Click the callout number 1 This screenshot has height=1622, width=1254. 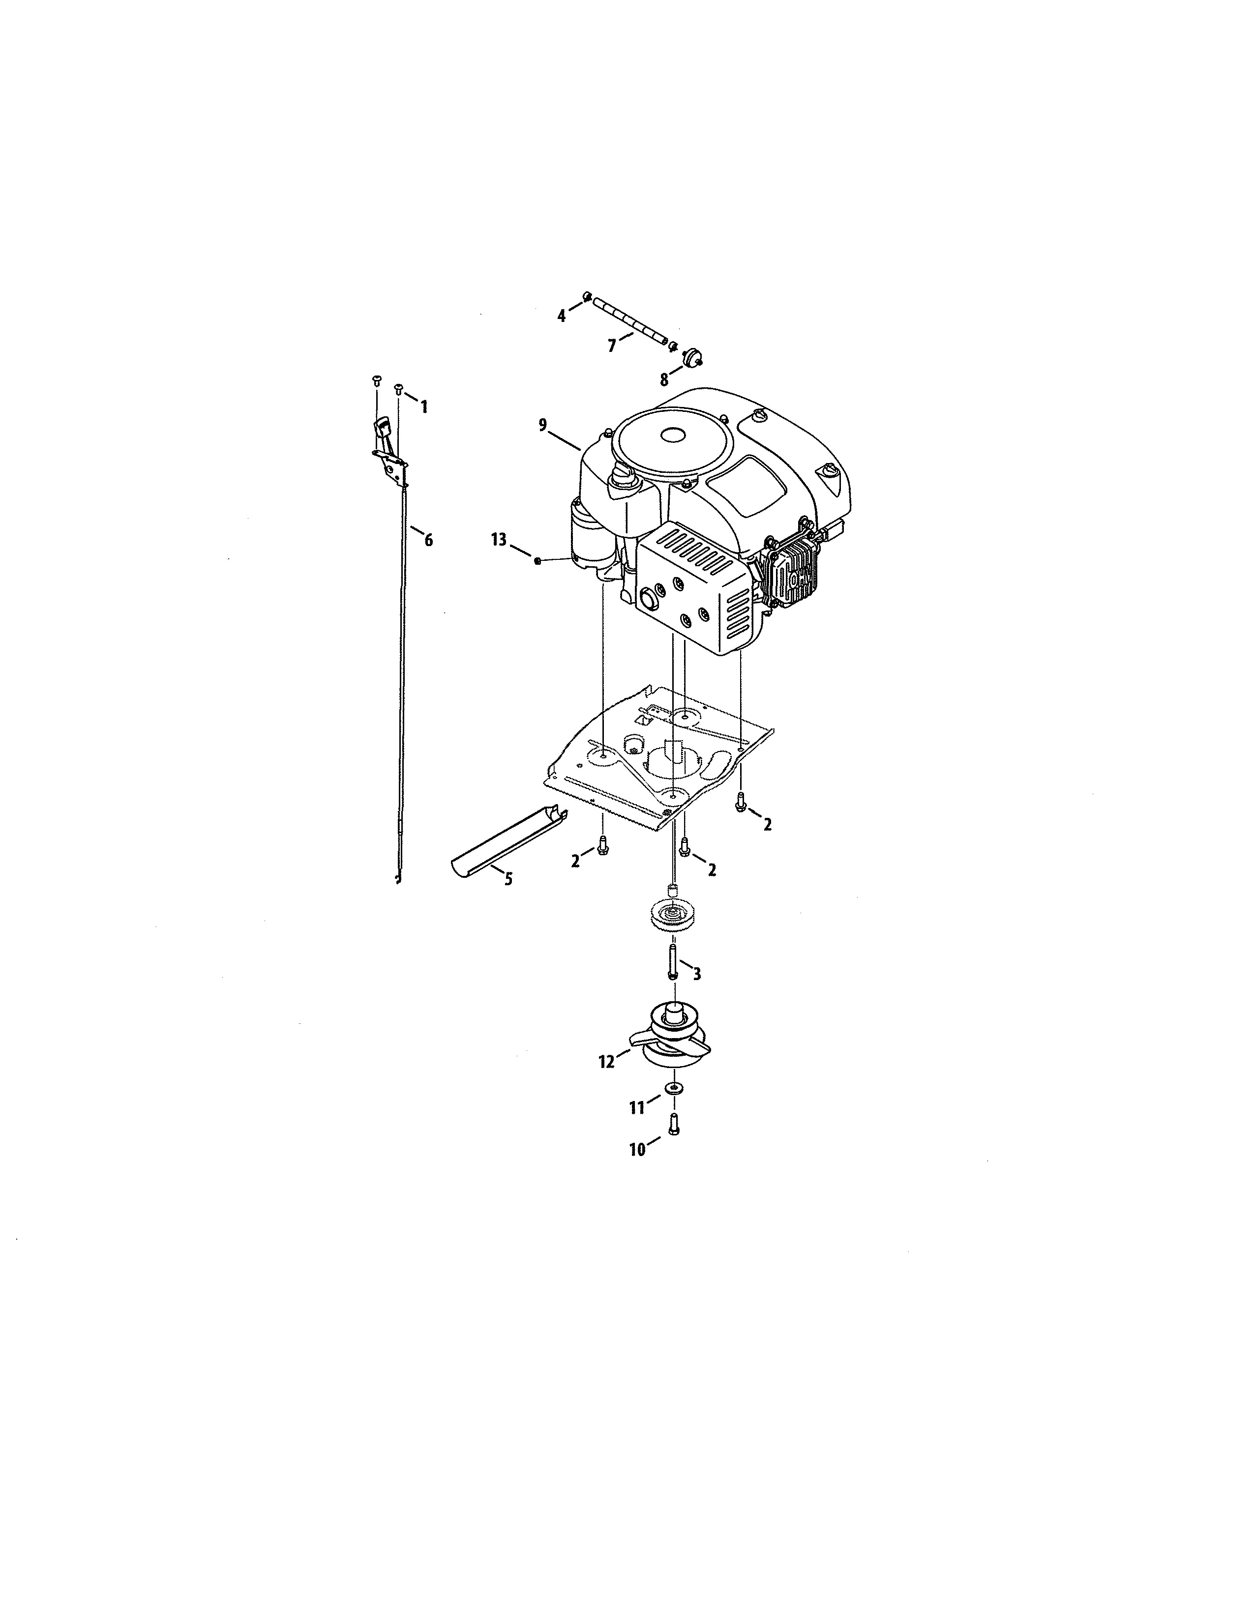[424, 407]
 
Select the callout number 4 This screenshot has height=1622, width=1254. [562, 316]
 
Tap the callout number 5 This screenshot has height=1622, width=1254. [508, 879]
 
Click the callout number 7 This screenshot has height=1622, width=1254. [612, 346]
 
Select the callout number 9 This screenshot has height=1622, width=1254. [543, 425]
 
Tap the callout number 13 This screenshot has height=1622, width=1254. [499, 539]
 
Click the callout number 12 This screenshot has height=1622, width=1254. [607, 1063]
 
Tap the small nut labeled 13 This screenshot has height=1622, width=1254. [537, 561]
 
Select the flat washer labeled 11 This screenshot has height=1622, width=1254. [673, 1088]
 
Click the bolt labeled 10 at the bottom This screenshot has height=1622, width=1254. [674, 1123]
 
